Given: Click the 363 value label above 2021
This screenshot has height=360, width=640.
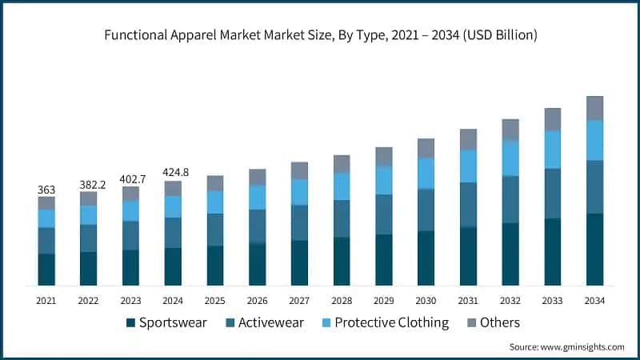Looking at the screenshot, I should coord(46,190).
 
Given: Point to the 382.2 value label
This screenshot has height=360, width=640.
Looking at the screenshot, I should coord(88,184).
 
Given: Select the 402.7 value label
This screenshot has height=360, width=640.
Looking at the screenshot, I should coord(130,179).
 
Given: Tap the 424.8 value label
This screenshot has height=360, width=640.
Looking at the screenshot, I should coord(173,173).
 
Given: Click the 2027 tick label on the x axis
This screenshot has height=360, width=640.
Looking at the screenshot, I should coord(299,300).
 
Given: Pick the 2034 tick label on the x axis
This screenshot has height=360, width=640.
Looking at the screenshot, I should coord(594,300).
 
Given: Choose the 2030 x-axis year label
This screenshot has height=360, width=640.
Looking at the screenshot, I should coord(426,300).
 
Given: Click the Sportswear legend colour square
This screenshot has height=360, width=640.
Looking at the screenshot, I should coord(130,323).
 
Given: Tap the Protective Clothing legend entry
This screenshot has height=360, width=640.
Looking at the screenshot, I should coord(392,323).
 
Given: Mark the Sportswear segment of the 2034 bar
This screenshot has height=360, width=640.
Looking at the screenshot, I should coord(594,250).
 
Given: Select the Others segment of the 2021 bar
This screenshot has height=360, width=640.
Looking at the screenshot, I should coord(46,203).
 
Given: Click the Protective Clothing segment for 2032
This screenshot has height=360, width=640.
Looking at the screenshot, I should coord(510,158).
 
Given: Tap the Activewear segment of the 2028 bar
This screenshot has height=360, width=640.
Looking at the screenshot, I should coord(342,218).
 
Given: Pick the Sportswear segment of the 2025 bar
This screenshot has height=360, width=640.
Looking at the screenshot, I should coord(215,266).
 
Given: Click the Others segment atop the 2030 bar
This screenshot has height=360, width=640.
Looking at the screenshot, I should coord(426,148).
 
